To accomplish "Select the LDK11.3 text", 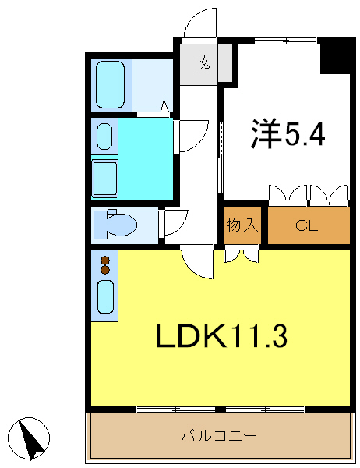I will pyautogui.click(x=222, y=336).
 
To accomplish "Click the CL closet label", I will pyautogui.click(x=307, y=226).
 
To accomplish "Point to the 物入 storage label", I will pyautogui.click(x=242, y=226).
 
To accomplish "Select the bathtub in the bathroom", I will pyautogui.click(x=111, y=84).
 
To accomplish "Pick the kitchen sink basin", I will pyautogui.click(x=104, y=296).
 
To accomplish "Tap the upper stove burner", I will pyautogui.click(x=104, y=261).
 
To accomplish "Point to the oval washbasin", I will pyautogui.click(x=104, y=137).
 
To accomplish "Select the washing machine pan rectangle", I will pyautogui.click(x=105, y=178).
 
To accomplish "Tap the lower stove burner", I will pyautogui.click(x=104, y=271).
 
